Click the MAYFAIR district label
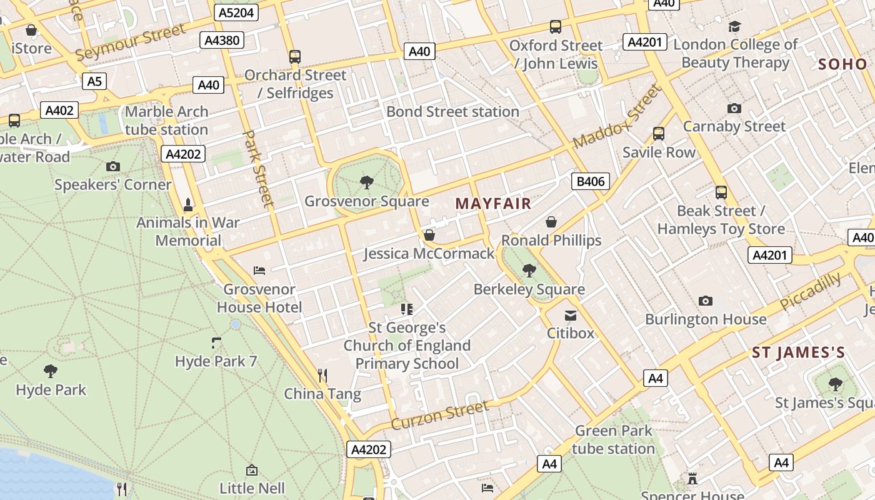point(493,204)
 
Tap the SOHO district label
point(842,64)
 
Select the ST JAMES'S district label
point(798,352)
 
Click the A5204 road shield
point(236,12)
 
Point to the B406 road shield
point(590,182)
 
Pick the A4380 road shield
point(222,41)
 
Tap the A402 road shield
point(60,111)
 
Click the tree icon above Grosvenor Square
point(367,182)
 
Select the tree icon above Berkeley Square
point(529,271)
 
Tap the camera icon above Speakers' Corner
point(113,166)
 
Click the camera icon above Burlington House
point(706,301)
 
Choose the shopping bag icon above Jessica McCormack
point(429,235)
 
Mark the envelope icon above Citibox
point(571,315)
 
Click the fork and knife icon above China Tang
point(322,375)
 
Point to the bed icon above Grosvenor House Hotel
point(259,271)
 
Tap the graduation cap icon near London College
point(734,26)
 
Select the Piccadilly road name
point(811,291)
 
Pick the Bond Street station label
point(452,112)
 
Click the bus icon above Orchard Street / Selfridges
point(295,57)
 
